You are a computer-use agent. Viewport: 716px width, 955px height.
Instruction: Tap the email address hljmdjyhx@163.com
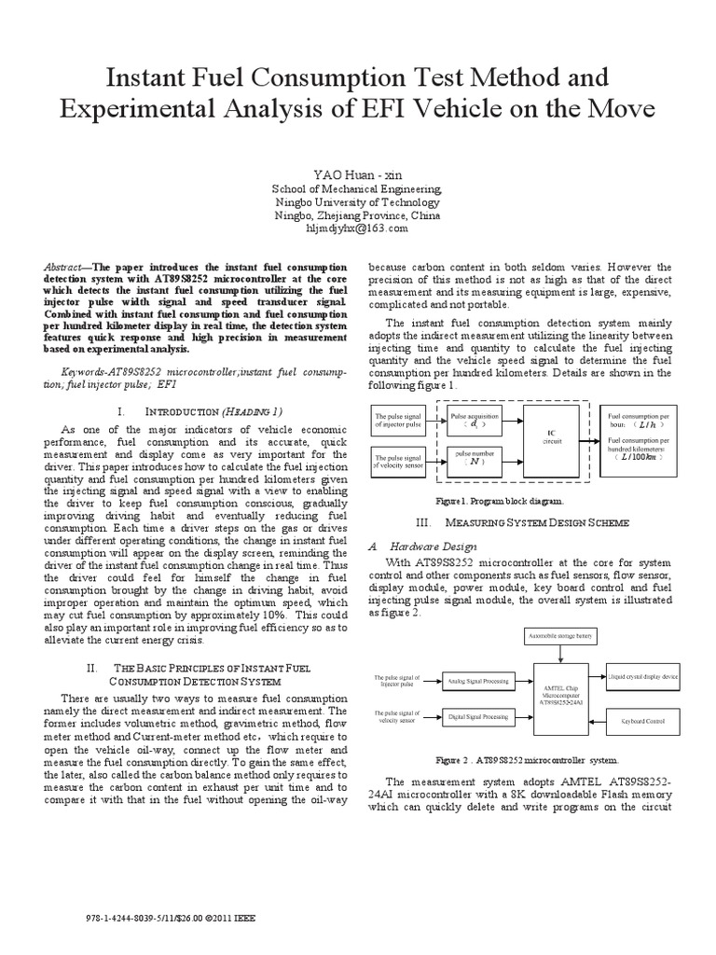(358, 228)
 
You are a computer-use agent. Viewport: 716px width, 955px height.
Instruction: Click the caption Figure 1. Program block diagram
(521, 500)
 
